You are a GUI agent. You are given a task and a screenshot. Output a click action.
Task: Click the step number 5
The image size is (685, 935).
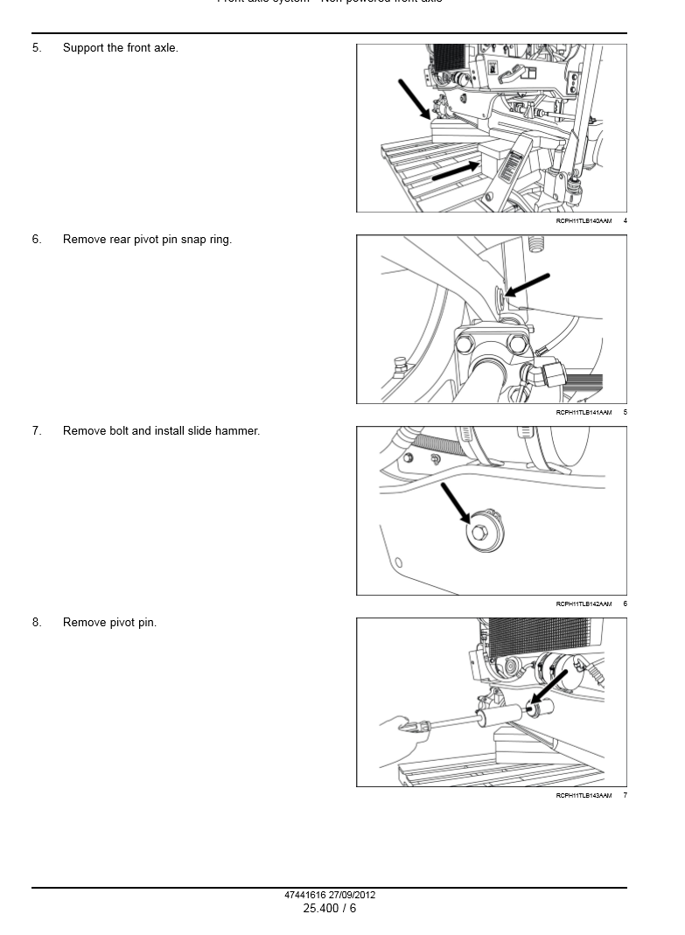click(x=37, y=48)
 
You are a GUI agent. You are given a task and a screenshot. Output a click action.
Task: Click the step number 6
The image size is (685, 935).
click(x=37, y=240)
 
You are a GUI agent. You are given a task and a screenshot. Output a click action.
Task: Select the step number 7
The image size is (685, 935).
click(x=37, y=431)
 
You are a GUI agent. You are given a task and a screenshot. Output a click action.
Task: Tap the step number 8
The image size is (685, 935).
click(x=37, y=623)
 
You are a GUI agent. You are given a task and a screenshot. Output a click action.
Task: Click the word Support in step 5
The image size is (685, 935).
click(x=84, y=48)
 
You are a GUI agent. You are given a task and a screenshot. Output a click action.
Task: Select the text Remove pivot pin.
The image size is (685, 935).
click(x=109, y=623)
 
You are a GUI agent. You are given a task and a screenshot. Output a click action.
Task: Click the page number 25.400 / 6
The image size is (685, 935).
click(x=330, y=909)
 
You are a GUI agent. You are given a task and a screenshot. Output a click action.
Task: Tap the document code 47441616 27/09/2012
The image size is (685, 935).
click(x=330, y=896)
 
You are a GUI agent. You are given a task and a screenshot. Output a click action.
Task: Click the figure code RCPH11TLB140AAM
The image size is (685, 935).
click(x=584, y=221)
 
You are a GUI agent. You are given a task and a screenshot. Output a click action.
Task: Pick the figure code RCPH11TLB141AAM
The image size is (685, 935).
click(x=584, y=413)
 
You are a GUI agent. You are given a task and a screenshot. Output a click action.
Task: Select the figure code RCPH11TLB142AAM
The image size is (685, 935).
click(x=584, y=604)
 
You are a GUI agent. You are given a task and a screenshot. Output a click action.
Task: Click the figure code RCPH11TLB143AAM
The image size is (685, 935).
click(x=584, y=796)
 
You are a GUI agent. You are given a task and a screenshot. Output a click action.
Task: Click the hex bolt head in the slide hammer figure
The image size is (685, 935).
click(x=479, y=533)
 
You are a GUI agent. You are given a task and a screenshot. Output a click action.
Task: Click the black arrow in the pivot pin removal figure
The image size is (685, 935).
click(x=552, y=687)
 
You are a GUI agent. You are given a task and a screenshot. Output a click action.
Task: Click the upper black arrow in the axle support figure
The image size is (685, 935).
click(x=414, y=99)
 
